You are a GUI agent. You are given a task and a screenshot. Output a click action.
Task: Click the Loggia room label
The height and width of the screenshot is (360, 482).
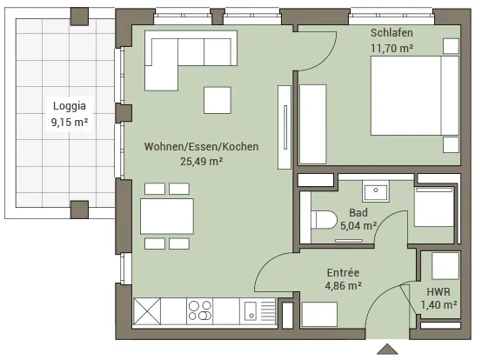[70, 106]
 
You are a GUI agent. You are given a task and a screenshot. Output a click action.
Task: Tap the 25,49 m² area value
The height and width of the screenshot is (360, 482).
[202, 161]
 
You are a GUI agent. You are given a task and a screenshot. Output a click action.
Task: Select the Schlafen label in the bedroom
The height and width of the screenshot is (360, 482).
[392, 33]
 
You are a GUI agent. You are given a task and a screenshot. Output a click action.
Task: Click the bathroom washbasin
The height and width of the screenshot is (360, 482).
[376, 190]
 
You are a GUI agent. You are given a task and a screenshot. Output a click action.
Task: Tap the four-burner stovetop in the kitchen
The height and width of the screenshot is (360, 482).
[200, 310]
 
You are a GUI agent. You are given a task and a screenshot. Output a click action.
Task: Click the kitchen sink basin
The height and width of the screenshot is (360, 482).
[251, 310]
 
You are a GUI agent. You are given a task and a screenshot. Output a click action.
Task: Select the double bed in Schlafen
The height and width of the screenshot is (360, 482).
[415, 96]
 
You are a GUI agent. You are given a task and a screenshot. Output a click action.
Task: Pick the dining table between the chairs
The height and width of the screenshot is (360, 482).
[167, 217]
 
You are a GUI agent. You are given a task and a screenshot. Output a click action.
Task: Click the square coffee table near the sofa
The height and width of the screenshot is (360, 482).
[218, 100]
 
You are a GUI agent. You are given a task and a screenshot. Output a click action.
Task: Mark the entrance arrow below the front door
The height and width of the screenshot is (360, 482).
[388, 349]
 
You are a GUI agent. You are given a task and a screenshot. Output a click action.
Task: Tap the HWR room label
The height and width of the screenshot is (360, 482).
[438, 292]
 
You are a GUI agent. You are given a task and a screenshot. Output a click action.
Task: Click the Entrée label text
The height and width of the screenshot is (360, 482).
[343, 273]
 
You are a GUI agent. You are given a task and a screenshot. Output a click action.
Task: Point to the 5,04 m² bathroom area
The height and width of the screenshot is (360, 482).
[358, 226]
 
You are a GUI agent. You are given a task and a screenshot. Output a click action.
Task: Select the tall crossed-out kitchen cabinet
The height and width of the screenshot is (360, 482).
[147, 310]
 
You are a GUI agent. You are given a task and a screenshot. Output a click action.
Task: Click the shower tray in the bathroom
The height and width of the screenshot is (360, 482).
[434, 206]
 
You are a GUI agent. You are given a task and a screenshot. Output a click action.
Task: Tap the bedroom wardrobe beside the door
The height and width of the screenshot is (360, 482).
[313, 124]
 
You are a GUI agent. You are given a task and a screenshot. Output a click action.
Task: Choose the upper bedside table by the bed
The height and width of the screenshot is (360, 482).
[451, 46]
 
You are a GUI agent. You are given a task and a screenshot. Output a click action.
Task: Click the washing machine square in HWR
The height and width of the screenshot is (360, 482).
[445, 266]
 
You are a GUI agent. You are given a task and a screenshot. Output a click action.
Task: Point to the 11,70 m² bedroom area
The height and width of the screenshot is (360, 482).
[392, 48]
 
